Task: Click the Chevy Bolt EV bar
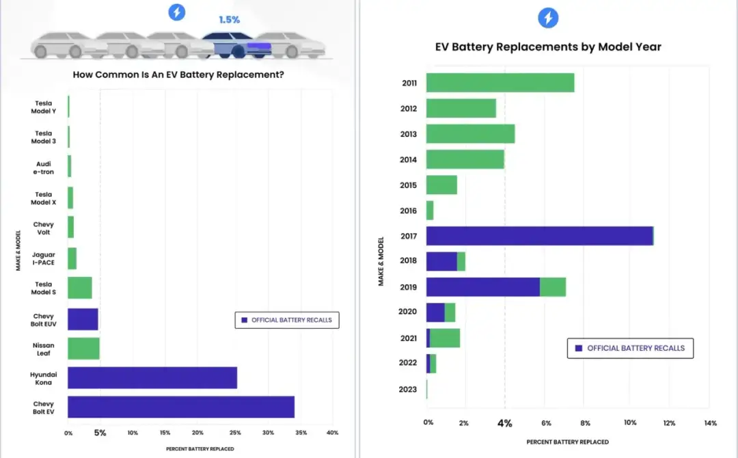pyautogui.click(x=180, y=407)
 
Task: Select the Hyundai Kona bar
pyautogui.click(x=152, y=377)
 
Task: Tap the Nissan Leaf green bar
pyautogui.click(x=83, y=349)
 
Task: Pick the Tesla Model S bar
pyautogui.click(x=79, y=288)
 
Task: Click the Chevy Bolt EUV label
pyautogui.click(x=44, y=320)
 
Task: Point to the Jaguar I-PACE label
pyautogui.click(x=44, y=258)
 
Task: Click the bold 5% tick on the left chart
pyautogui.click(x=100, y=433)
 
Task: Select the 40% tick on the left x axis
pyautogui.click(x=333, y=433)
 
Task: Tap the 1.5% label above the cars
pyautogui.click(x=229, y=20)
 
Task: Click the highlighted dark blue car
pyautogui.click(x=236, y=44)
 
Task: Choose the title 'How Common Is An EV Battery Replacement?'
pyautogui.click(x=178, y=75)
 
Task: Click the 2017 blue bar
pyautogui.click(x=539, y=236)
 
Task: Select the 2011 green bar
pyautogui.click(x=500, y=83)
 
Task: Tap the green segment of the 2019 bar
pyautogui.click(x=553, y=287)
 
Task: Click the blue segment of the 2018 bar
pyautogui.click(x=441, y=261)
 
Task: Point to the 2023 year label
pyautogui.click(x=408, y=389)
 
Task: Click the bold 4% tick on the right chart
pyautogui.click(x=504, y=423)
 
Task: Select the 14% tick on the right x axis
pyautogui.click(x=710, y=423)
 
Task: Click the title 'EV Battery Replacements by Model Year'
pyautogui.click(x=548, y=47)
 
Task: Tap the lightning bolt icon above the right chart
pyautogui.click(x=548, y=18)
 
